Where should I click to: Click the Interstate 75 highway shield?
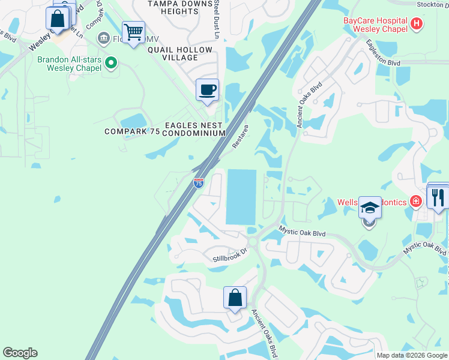pyautogui.click(x=199, y=183)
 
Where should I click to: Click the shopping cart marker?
pyautogui.click(x=133, y=32)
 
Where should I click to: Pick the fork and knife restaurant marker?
pyautogui.click(x=438, y=197)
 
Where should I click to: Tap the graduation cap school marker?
pyautogui.click(x=370, y=208)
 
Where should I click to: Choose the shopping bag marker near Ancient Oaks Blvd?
pyautogui.click(x=235, y=298)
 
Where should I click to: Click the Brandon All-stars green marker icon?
pyautogui.click(x=111, y=62)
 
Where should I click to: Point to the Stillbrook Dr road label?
pyautogui.click(x=230, y=256)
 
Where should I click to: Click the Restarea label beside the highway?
pyautogui.click(x=240, y=137)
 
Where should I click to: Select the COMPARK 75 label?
pyautogui.click(x=132, y=131)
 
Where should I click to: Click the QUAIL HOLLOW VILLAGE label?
pyautogui.click(x=180, y=53)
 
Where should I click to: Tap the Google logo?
pyautogui.click(x=20, y=353)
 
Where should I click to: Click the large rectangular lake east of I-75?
pyautogui.click(x=241, y=196)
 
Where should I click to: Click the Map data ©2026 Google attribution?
pyautogui.click(x=412, y=355)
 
